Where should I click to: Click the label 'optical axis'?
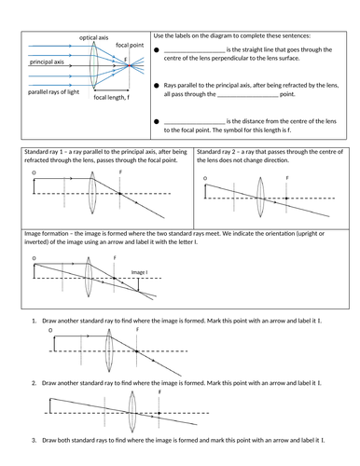(x=92, y=35)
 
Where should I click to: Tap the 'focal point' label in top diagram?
(x=130, y=45)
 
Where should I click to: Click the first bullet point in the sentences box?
(x=157, y=50)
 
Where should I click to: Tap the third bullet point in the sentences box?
(x=157, y=122)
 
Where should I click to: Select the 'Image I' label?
(x=140, y=272)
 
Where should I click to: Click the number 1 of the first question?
(x=35, y=321)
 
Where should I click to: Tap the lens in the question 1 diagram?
(x=108, y=351)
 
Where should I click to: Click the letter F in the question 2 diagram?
(x=159, y=392)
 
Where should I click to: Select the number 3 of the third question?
(x=35, y=439)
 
